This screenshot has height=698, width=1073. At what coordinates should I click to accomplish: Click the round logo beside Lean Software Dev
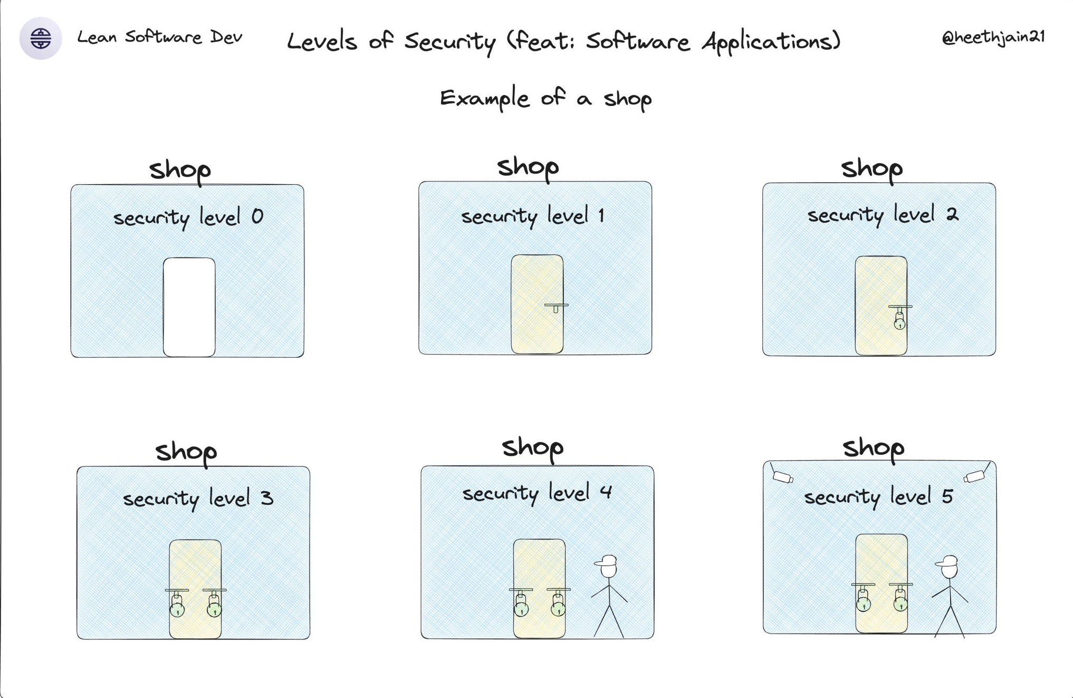[x=41, y=38]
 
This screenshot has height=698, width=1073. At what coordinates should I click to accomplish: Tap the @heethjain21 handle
[x=993, y=37]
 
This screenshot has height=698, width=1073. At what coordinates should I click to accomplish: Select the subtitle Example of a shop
[x=545, y=99]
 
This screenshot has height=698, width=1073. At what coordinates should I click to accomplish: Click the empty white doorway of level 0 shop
[x=189, y=307]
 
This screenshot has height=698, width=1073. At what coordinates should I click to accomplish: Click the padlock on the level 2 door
[x=899, y=320]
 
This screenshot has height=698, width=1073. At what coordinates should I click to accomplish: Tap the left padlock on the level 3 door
[x=177, y=606]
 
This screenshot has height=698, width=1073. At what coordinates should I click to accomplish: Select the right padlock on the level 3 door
[x=214, y=606]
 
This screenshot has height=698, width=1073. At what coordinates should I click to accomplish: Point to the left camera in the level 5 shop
[x=783, y=477]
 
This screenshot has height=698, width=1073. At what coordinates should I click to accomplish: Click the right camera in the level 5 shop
[x=974, y=476]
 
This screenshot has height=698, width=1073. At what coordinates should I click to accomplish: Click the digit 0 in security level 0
[x=257, y=216]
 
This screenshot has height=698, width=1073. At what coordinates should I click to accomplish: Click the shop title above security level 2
[x=871, y=169]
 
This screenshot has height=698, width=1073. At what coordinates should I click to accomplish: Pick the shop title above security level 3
[x=186, y=452]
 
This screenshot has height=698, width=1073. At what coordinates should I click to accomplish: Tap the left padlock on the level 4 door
[x=521, y=606]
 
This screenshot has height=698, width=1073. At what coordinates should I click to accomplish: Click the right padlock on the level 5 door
[x=900, y=601]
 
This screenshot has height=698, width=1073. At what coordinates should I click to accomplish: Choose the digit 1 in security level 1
[x=601, y=215]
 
